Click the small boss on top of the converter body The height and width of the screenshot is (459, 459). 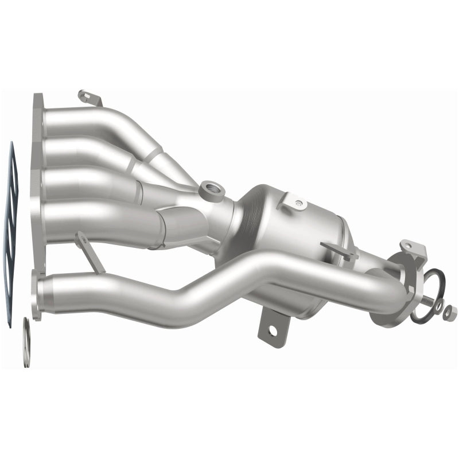[298, 203]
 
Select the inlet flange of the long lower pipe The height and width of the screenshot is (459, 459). [38, 295]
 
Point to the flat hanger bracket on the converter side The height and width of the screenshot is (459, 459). [339, 250]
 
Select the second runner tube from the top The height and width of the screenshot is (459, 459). [86, 150]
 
